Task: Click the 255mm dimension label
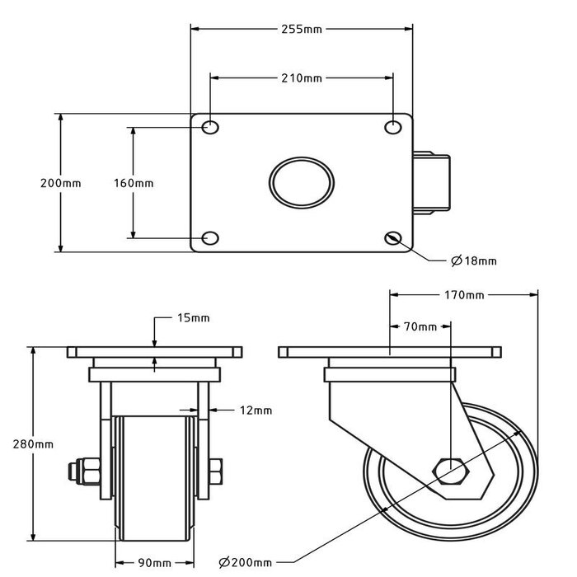coord(302,30)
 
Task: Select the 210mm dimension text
coord(302,79)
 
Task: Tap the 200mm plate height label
coord(61,183)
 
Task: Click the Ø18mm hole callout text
coord(474,261)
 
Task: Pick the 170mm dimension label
coord(462,295)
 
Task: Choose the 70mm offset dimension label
coord(420,327)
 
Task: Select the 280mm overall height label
coord(34,443)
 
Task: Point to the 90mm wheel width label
coord(154,563)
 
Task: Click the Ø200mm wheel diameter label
coord(246,563)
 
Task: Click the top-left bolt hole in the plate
coord(211,128)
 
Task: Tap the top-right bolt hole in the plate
coord(394,128)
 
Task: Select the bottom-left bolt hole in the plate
coord(211,239)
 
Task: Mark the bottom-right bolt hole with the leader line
coord(394,239)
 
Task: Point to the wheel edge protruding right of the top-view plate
coord(432,183)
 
